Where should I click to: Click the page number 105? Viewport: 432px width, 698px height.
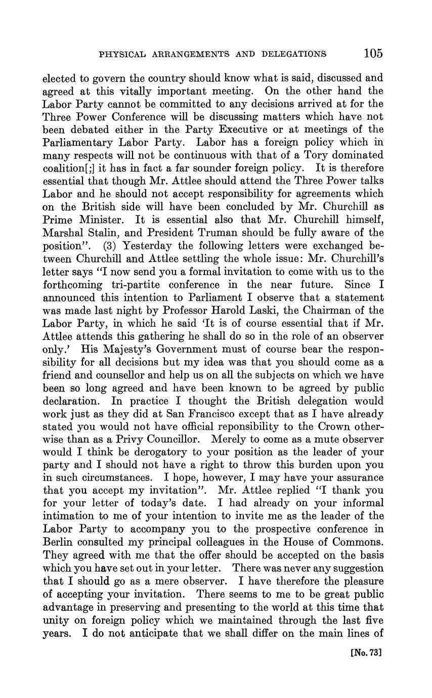click(372, 53)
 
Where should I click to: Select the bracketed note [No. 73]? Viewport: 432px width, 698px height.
click(365, 653)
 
